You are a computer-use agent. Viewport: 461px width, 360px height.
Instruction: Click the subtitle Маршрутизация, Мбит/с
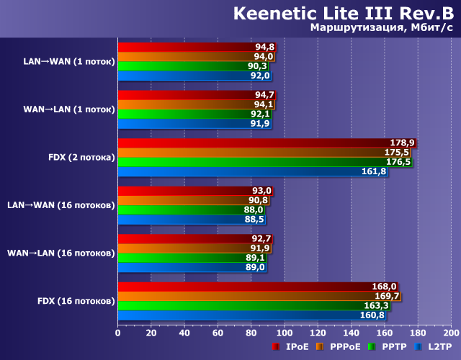(381, 28)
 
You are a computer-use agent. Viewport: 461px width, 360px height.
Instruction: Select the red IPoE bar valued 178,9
(267, 143)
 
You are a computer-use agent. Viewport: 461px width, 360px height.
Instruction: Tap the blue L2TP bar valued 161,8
(252, 171)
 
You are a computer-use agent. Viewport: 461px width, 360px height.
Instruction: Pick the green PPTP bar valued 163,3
(254, 305)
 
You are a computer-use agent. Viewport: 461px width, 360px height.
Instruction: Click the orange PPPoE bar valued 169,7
(259, 296)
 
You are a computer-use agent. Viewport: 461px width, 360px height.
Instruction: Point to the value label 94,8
(264, 48)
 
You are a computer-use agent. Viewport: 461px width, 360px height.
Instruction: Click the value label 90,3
(259, 66)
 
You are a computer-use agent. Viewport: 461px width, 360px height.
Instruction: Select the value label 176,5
(399, 162)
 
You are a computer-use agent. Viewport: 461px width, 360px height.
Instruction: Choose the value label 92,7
(262, 238)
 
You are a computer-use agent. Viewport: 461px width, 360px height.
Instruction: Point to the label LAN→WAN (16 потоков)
(61, 205)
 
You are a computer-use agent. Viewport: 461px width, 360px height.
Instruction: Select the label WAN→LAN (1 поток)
(68, 109)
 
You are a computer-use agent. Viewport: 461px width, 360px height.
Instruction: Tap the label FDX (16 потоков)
(76, 300)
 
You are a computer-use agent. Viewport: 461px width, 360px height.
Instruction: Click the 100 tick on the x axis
(284, 333)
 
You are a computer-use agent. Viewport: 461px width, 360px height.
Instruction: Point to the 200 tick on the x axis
(450, 333)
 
